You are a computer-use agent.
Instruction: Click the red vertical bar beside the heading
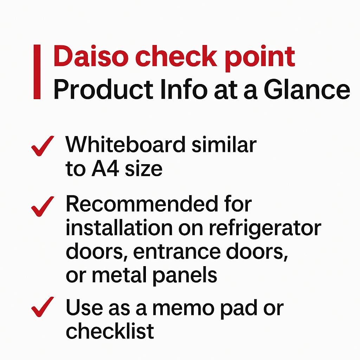pyautogui.click(x=37, y=72)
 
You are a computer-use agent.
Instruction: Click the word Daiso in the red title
pyautogui.click(x=91, y=56)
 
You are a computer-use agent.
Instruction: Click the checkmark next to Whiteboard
pyautogui.click(x=43, y=146)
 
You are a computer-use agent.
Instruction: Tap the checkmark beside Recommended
pyautogui.click(x=43, y=206)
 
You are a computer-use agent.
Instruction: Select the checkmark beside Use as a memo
pyautogui.click(x=43, y=307)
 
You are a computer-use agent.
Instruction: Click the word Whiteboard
pyautogui.click(x=126, y=144)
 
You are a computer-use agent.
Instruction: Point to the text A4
pyautogui.click(x=105, y=169)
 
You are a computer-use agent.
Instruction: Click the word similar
pyautogui.click(x=224, y=144)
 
